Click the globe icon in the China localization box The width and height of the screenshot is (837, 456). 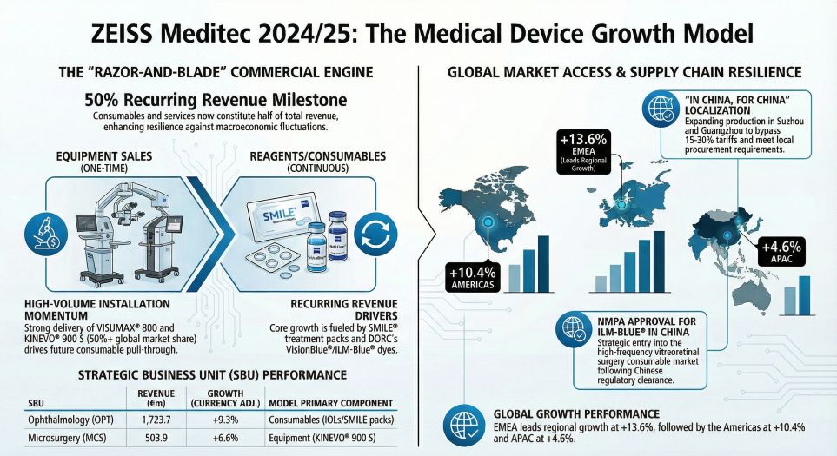tap(656, 108)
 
